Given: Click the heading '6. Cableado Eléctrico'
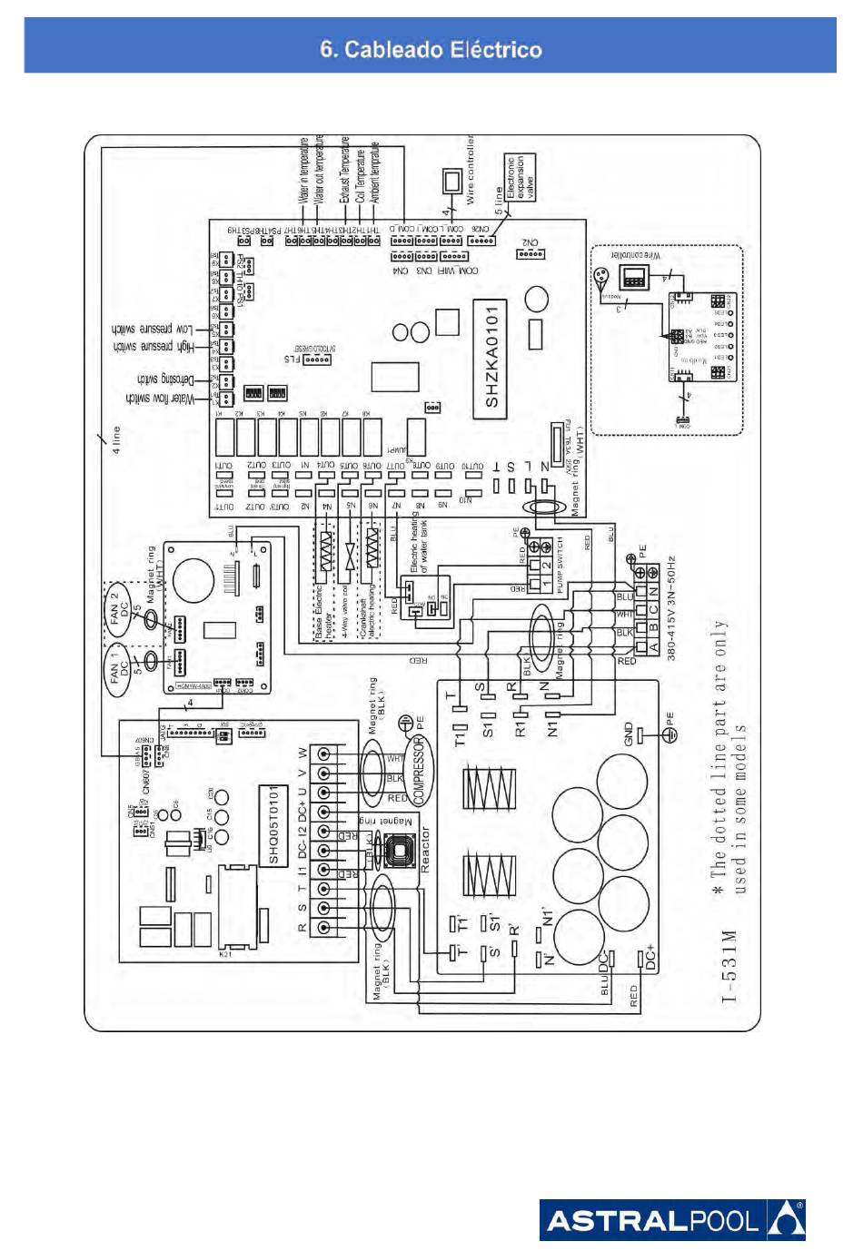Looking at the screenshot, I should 431,50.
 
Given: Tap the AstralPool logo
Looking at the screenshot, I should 672,1219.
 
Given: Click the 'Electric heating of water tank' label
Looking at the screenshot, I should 419,543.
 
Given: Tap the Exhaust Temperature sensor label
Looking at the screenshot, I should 344,169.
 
